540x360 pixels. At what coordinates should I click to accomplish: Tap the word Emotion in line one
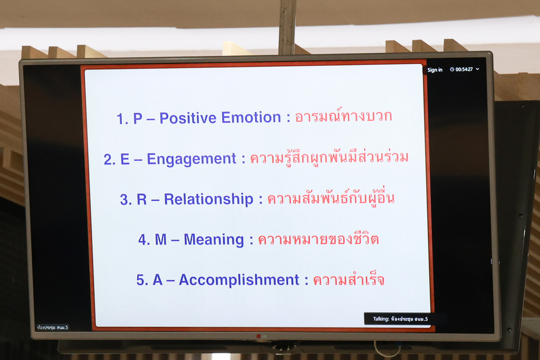click(x=251, y=118)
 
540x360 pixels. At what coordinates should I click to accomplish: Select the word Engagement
click(x=191, y=159)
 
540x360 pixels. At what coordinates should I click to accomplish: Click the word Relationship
click(x=208, y=200)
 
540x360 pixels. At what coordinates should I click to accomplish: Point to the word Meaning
click(x=214, y=240)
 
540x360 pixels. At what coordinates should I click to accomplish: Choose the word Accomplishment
click(x=239, y=280)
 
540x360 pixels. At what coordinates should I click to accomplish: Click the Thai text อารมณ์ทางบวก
click(x=343, y=115)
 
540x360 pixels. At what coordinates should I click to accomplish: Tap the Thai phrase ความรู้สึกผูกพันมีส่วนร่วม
click(x=329, y=157)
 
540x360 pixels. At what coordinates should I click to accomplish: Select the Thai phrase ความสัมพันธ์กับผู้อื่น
click(x=331, y=198)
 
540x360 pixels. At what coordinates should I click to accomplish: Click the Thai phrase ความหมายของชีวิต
click(x=319, y=239)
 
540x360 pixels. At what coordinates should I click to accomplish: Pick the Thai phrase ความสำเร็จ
click(x=349, y=279)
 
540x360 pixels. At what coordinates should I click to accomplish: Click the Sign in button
click(x=435, y=70)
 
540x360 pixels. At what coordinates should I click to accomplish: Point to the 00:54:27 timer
click(x=464, y=69)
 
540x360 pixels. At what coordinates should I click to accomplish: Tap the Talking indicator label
click(x=400, y=319)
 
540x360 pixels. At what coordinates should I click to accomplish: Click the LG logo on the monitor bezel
click(x=262, y=336)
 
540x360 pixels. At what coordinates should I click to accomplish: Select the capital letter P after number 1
click(x=138, y=119)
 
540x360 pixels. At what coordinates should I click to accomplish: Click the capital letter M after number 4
click(x=161, y=240)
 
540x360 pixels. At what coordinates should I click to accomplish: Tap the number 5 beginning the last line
click(x=140, y=280)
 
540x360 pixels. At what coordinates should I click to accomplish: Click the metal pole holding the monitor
click(x=287, y=27)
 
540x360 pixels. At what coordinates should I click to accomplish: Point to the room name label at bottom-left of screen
click(x=52, y=328)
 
